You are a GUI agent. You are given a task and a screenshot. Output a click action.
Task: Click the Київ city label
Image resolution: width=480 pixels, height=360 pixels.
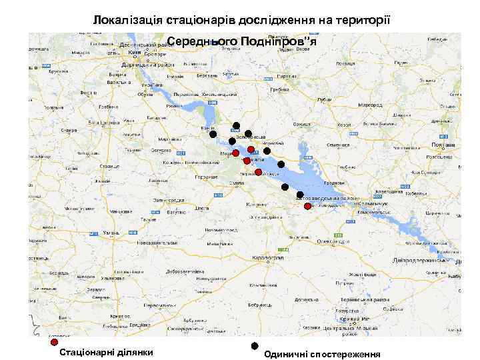point(133,51)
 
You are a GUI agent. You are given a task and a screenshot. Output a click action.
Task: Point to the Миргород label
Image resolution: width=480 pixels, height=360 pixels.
point(369,105)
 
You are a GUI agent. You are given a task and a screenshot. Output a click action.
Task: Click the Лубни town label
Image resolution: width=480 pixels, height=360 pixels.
point(325,100)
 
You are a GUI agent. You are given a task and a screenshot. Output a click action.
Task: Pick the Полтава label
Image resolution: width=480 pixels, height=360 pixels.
point(443,145)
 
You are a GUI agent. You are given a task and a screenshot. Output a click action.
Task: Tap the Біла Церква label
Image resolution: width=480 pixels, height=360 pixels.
point(101,123)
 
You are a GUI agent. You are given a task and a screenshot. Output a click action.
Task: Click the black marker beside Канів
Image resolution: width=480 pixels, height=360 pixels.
point(213,134)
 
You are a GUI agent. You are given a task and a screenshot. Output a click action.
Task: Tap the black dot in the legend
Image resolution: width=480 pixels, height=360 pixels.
point(254,346)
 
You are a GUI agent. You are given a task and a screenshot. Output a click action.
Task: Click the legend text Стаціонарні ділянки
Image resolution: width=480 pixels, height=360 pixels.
point(107,352)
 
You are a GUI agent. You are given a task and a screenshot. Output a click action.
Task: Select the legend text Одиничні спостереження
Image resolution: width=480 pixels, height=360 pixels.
point(322,355)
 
